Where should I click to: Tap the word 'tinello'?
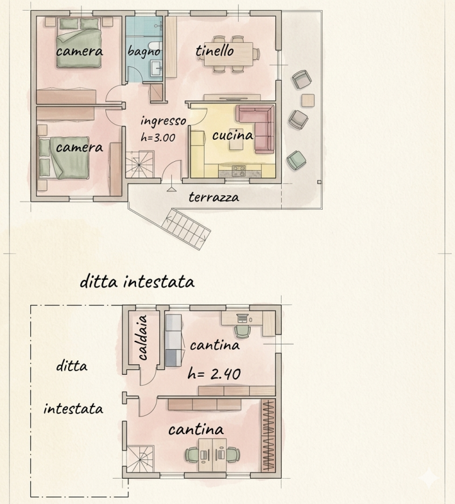(x=214, y=50)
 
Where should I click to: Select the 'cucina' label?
(x=233, y=135)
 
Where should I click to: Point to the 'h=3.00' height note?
(x=158, y=137)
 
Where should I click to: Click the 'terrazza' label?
(x=214, y=197)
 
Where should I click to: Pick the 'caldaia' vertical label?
(x=142, y=337)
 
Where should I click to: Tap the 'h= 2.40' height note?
(x=214, y=374)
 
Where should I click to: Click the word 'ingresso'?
(x=163, y=121)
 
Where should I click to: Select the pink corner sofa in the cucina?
(x=256, y=128)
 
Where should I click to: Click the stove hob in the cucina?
(x=239, y=171)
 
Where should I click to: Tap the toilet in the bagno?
(x=156, y=46)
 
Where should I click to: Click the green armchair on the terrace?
(x=296, y=160)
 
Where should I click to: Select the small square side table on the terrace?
(x=308, y=100)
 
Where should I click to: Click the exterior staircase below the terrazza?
(x=186, y=228)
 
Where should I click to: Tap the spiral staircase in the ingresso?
(x=139, y=164)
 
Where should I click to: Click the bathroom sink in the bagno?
(x=156, y=68)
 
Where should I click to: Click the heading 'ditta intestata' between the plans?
(x=137, y=282)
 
